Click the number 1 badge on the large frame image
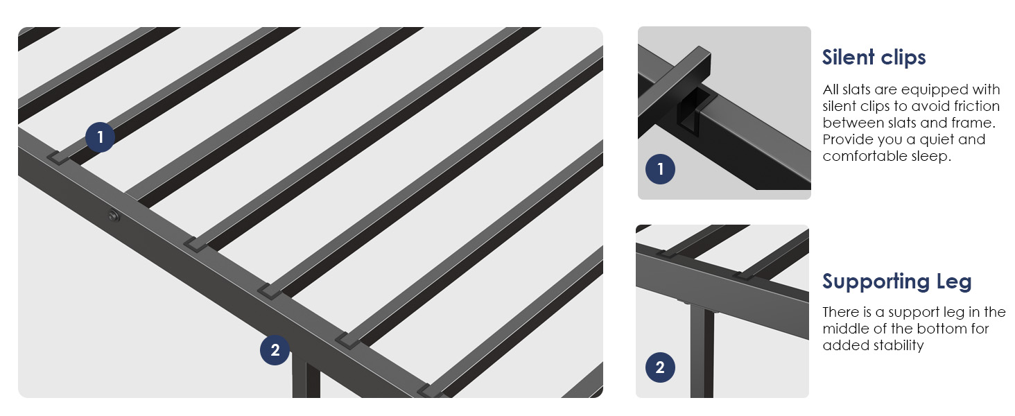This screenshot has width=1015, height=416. [x=100, y=137]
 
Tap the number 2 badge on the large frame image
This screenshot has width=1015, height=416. [x=275, y=350]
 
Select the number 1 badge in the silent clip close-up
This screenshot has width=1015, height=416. [x=660, y=169]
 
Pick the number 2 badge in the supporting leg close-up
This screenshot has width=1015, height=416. [x=660, y=367]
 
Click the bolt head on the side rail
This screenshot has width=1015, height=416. [x=114, y=216]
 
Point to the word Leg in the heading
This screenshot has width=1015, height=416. [x=954, y=282]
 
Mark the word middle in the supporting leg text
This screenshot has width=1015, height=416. [x=843, y=329]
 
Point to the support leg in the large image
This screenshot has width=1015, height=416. [x=306, y=375]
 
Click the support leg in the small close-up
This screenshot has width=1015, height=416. [x=702, y=352]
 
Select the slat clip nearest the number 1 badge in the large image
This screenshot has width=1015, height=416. [x=58, y=157]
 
